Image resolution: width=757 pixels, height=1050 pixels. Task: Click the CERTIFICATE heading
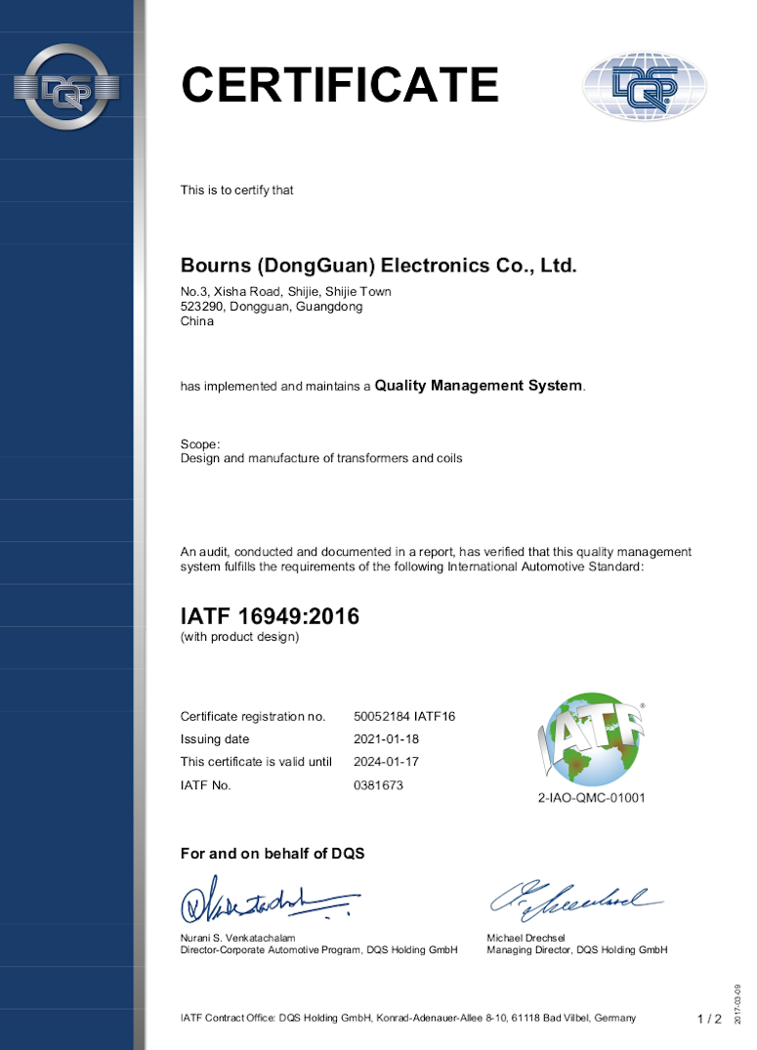340,85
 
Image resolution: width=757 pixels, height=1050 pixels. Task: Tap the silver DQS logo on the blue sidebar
66,88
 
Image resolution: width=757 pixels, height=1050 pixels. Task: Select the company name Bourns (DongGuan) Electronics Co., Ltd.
379,266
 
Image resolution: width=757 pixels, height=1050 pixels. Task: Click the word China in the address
197,321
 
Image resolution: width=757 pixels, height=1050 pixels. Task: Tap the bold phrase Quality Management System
479,386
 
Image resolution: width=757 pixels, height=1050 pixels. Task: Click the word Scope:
200,443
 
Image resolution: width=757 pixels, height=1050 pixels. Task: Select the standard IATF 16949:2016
270,616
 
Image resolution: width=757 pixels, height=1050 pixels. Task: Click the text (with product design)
239,637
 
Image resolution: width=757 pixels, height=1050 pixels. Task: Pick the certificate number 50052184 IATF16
404,716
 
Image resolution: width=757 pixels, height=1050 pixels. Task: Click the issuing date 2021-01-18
386,738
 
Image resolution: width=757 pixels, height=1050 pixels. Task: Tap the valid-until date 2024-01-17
386,762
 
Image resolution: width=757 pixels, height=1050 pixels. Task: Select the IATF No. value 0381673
378,785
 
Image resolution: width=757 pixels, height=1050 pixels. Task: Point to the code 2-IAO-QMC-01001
592,798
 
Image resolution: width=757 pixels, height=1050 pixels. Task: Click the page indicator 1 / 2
709,1019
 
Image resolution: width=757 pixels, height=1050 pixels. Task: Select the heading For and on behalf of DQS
273,854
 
